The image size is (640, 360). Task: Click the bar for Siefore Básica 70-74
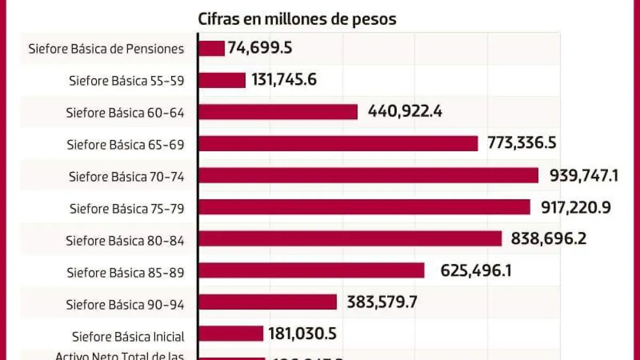tap(368, 175)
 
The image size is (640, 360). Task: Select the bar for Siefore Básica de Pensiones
tap(212, 49)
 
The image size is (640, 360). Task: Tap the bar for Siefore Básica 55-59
tap(222, 80)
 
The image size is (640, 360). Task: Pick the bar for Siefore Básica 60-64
tap(278, 112)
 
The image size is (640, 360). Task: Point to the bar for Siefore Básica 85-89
tap(311, 270)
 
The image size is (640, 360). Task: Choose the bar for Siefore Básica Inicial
tap(231, 334)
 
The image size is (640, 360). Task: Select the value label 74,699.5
tap(260, 49)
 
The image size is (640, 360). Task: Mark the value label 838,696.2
tap(549, 238)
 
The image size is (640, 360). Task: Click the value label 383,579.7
tap(382, 302)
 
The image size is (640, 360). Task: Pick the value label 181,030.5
tap(302, 334)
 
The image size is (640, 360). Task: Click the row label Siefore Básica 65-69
tap(125, 145)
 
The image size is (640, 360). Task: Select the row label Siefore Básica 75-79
tap(127, 209)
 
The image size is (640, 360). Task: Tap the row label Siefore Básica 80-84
tap(125, 241)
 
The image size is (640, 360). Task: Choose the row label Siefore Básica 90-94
tap(125, 305)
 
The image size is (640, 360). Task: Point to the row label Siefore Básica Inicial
tap(128, 337)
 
